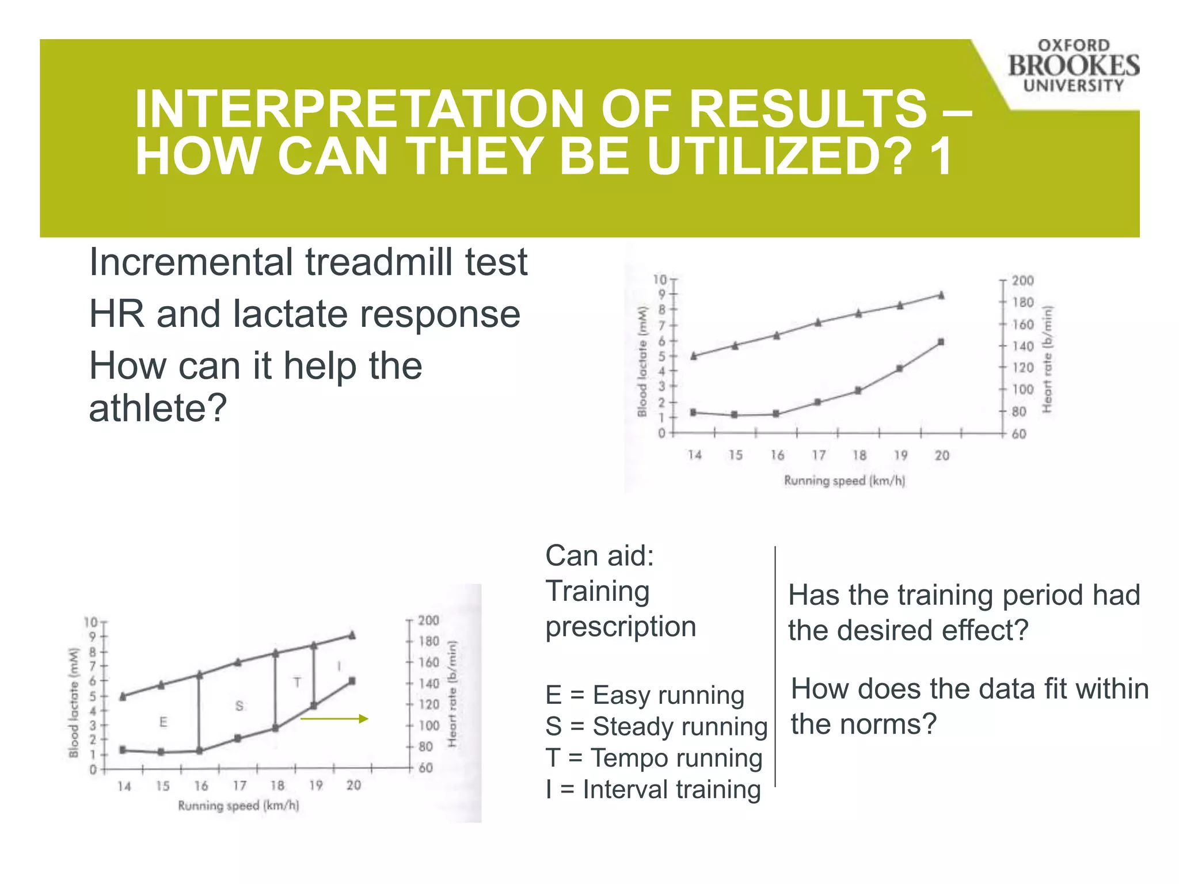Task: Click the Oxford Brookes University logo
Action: [1073, 66]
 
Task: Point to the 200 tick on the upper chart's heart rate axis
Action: [1022, 280]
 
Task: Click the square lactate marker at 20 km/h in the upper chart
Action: [941, 342]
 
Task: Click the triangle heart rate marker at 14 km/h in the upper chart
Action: [694, 356]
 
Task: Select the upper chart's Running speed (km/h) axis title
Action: [844, 481]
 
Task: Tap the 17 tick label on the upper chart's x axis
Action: [818, 455]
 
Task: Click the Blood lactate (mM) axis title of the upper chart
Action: [642, 361]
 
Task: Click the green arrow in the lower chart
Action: [334, 718]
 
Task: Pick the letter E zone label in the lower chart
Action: [163, 722]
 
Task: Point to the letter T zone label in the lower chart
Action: [297, 682]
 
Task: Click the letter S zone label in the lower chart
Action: [239, 706]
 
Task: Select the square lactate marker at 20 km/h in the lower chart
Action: [352, 681]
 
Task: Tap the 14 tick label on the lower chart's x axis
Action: [124, 786]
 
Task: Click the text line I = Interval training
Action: [653, 789]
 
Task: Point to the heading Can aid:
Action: [599, 555]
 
